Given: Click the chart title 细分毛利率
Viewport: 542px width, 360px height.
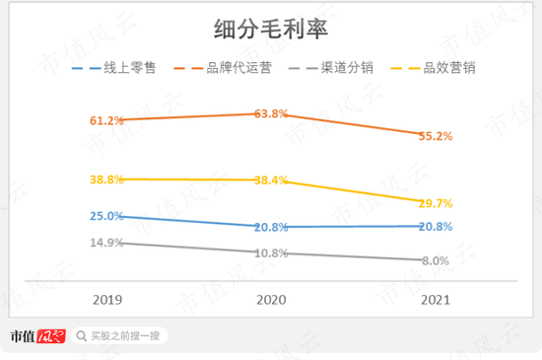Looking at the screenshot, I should [271, 31].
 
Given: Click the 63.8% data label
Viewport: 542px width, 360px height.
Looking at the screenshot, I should [271, 113].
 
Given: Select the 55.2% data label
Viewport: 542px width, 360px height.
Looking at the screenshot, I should [435, 136].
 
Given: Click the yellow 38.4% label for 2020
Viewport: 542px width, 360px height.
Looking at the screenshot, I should [271, 180].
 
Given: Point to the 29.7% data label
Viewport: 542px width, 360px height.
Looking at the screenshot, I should [435, 203].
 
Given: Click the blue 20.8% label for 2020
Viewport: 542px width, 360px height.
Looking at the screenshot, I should [271, 227].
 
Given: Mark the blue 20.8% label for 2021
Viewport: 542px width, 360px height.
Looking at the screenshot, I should [435, 227].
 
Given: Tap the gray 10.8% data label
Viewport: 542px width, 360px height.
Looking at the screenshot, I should [271, 253].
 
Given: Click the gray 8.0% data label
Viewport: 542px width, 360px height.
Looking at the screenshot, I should [435, 261].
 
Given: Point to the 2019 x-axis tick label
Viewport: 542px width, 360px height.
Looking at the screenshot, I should [106, 299].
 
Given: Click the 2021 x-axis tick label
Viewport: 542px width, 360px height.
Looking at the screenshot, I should [435, 299].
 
